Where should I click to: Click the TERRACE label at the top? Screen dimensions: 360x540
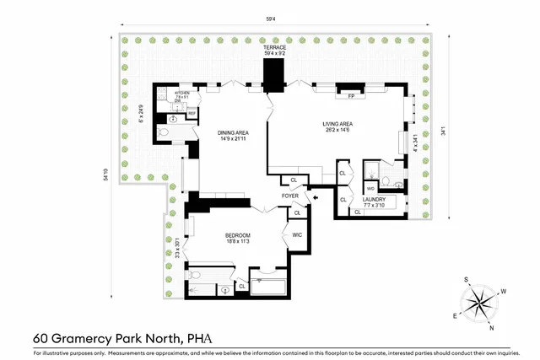274,48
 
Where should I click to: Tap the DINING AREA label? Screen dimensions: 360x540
232,132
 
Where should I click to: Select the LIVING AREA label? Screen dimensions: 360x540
337,125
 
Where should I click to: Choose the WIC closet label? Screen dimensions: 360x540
297,234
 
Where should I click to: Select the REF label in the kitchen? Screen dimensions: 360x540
192,113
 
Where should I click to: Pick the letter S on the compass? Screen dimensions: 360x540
466,278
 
